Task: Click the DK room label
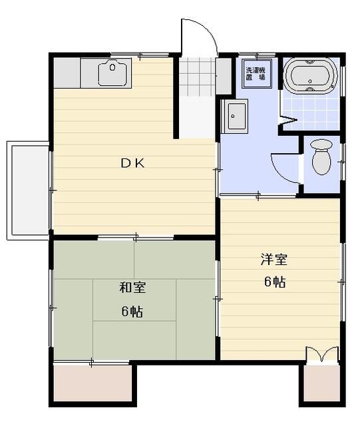[x=132, y=162]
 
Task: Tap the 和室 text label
[x=132, y=288]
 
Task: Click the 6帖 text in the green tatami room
[x=132, y=311]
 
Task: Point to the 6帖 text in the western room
[x=274, y=282]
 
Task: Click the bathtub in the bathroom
[x=310, y=75]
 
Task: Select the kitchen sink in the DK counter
[x=114, y=72]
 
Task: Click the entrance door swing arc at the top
[x=200, y=37]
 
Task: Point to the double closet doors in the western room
[x=321, y=354]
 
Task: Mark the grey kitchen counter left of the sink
[x=67, y=72]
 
